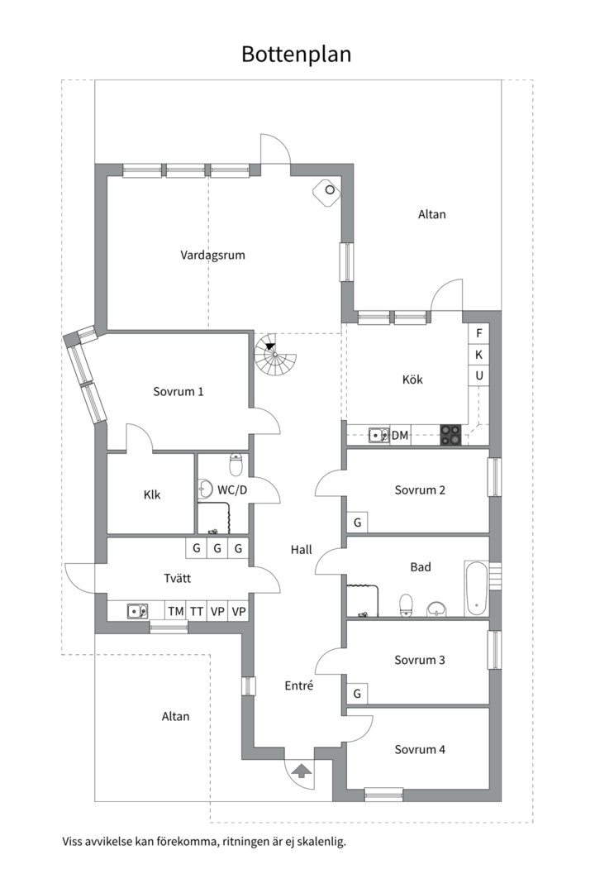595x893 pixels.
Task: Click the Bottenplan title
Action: (x=296, y=54)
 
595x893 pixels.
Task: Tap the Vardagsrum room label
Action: (x=213, y=255)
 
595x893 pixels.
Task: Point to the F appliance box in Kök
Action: (x=478, y=333)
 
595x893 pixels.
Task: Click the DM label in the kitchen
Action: (x=400, y=436)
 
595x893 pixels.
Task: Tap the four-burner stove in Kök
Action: (x=450, y=436)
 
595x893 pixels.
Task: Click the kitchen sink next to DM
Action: (x=378, y=436)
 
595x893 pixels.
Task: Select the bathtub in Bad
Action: (x=475, y=589)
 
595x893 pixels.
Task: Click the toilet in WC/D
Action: (x=236, y=465)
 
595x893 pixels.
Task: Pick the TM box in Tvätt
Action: (x=176, y=612)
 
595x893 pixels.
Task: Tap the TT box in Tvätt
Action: (x=197, y=612)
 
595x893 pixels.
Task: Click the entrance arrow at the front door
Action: (x=302, y=771)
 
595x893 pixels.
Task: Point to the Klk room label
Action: (x=152, y=495)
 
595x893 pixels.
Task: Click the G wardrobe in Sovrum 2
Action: (x=358, y=523)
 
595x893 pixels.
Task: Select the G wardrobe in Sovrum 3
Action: (x=358, y=694)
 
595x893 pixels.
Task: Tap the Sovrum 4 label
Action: (x=420, y=749)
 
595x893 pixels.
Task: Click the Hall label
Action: (x=301, y=550)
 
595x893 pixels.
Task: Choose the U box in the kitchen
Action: (x=478, y=376)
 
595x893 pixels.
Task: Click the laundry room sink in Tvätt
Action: (x=137, y=611)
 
